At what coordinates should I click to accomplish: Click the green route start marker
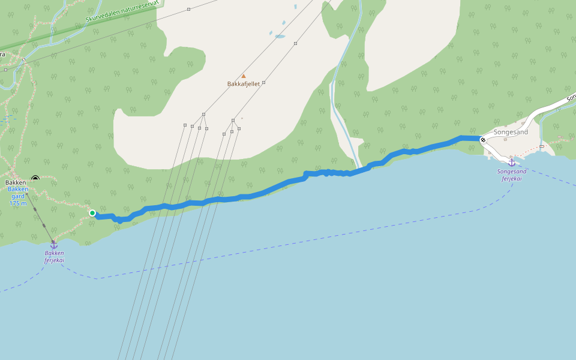pyautogui.click(x=92, y=213)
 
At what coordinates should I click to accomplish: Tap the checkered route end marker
pyautogui.click(x=483, y=140)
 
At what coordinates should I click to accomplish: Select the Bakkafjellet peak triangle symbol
pyautogui.click(x=244, y=76)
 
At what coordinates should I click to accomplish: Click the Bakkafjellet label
pyautogui.click(x=244, y=84)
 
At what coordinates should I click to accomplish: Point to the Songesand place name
pyautogui.click(x=511, y=132)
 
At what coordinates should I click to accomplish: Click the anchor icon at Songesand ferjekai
pyautogui.click(x=512, y=162)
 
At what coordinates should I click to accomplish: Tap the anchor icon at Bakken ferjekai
pyautogui.click(x=53, y=245)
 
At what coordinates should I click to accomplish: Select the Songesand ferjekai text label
pyautogui.click(x=512, y=175)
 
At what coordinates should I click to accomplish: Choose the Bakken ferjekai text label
pyautogui.click(x=54, y=257)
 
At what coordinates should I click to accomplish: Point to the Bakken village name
pyautogui.click(x=16, y=182)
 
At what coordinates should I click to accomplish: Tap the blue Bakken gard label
pyautogui.click(x=18, y=193)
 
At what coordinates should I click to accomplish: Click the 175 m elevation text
pyautogui.click(x=18, y=203)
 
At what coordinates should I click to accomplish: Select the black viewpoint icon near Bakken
pyautogui.click(x=35, y=178)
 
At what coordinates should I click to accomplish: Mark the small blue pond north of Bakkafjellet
pyautogui.click(x=280, y=37)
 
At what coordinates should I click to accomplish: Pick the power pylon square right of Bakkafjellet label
pyautogui.click(x=263, y=83)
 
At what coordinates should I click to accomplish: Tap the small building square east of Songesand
pyautogui.click(x=541, y=146)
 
